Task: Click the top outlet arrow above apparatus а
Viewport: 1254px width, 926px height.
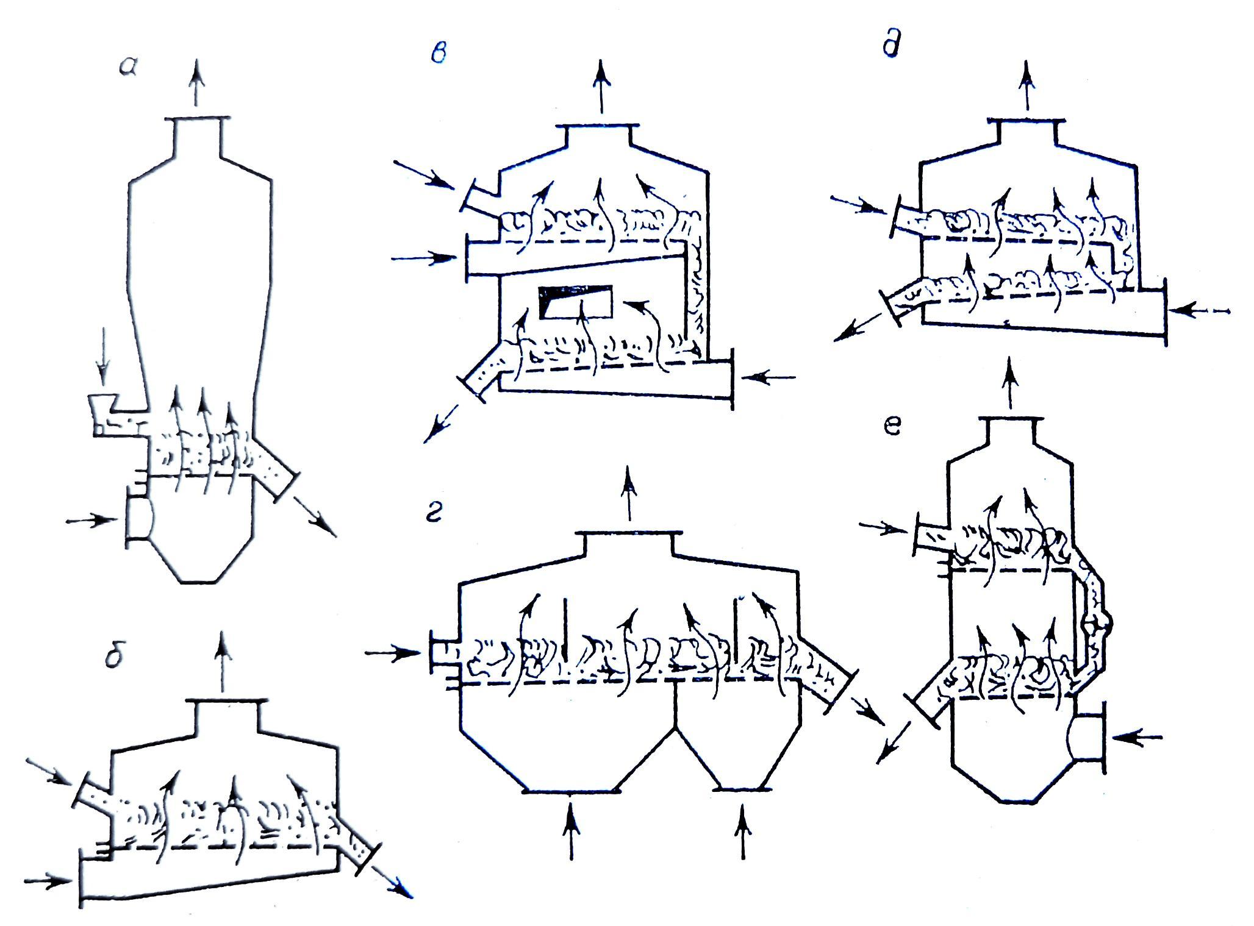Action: coord(196,85)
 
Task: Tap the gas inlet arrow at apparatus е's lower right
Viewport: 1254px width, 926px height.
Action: coord(1137,736)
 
